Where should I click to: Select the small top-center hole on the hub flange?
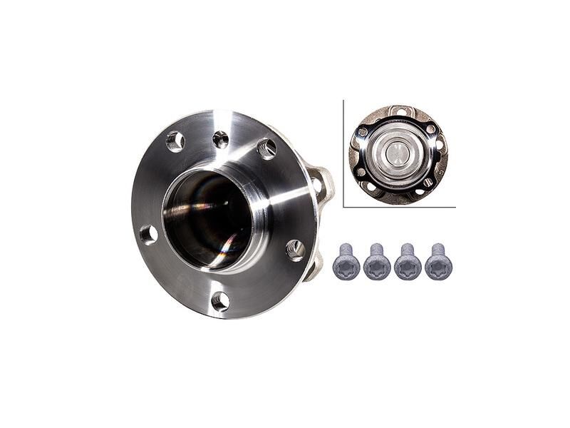click(221, 139)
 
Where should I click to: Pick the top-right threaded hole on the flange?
click(267, 149)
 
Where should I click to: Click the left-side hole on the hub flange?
click(148, 234)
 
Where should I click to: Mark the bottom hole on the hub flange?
click(221, 301)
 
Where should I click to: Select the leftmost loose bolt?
click(346, 263)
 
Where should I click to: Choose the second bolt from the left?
click(377, 263)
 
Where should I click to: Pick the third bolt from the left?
click(408, 263)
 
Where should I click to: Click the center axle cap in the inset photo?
click(398, 153)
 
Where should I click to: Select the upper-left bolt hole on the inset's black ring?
click(363, 132)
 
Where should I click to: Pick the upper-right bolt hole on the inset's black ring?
click(430, 129)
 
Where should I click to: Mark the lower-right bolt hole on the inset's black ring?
click(427, 182)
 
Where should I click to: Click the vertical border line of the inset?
click(343, 153)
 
